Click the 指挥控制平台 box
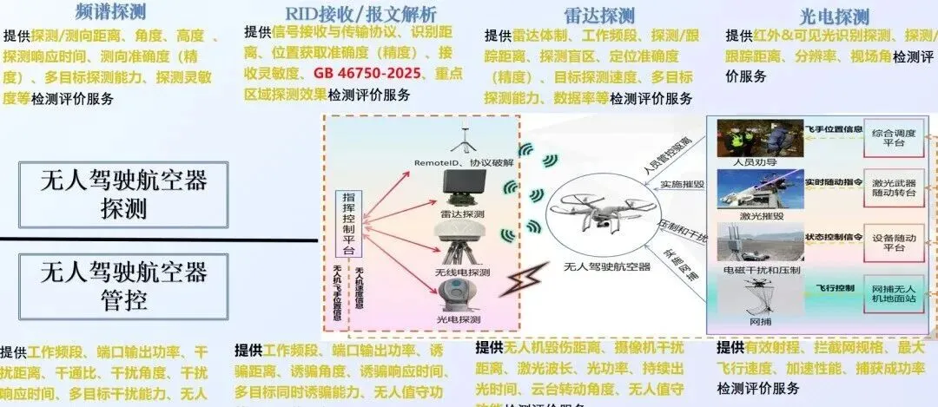(x=349, y=222)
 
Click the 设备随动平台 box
(x=894, y=241)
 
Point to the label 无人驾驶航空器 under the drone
(x=607, y=266)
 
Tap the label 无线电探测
(x=463, y=272)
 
